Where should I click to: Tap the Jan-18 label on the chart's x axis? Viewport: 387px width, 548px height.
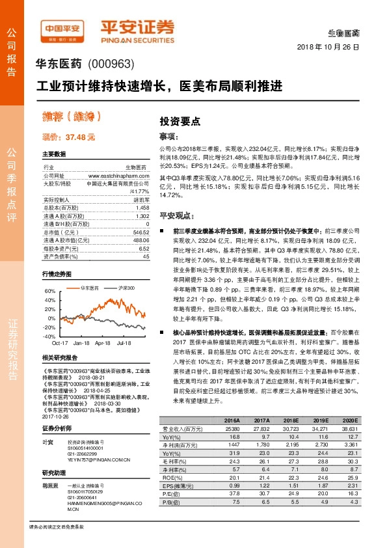[x=81, y=342]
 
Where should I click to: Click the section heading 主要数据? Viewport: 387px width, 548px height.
[x=54, y=154]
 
